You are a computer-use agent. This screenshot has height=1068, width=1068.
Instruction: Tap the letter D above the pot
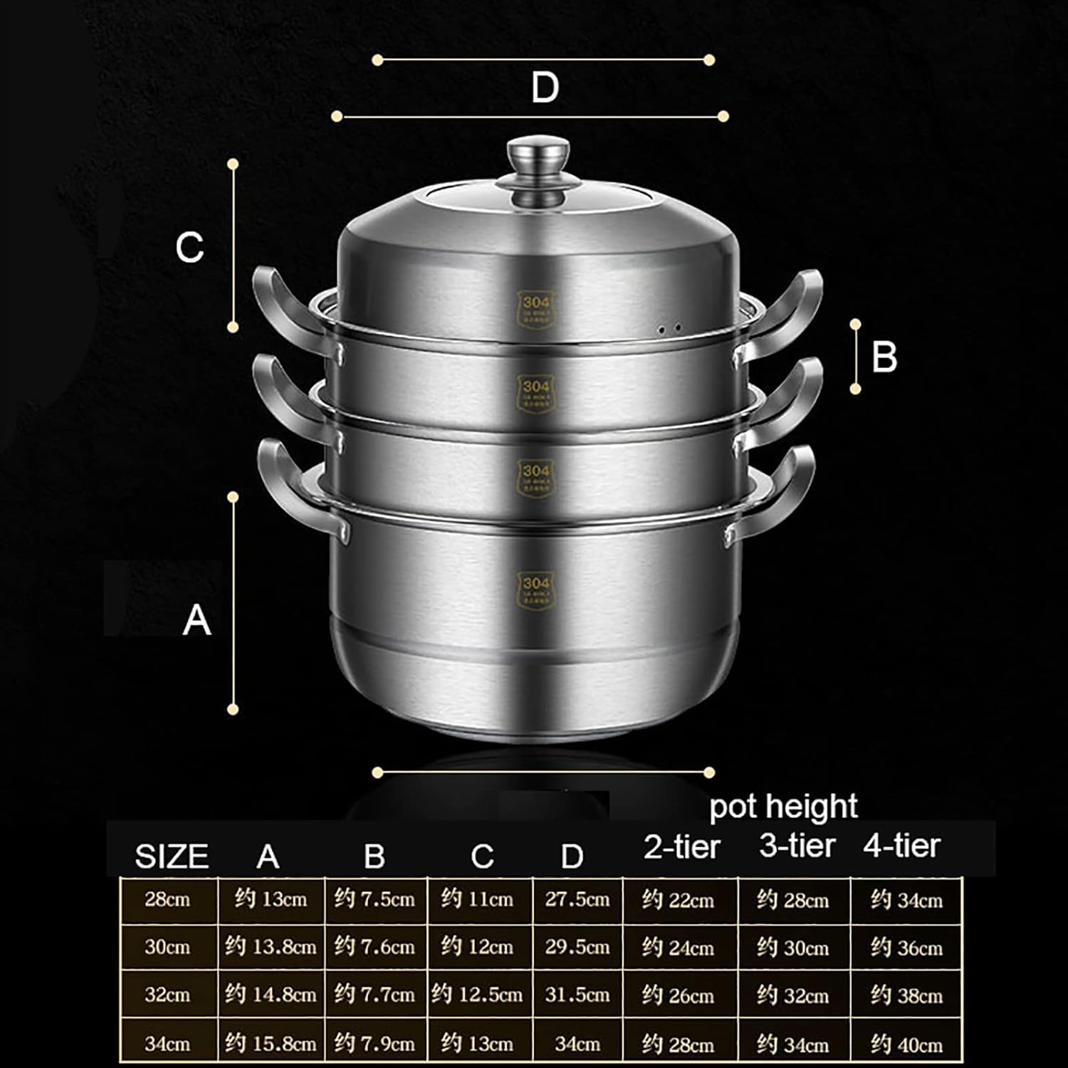pyautogui.click(x=545, y=88)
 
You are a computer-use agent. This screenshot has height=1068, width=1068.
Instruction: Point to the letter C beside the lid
pyautogui.click(x=190, y=248)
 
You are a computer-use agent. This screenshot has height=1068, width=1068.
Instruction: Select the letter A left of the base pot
pyautogui.click(x=197, y=619)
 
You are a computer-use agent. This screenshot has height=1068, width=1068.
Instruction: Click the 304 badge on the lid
pyautogui.click(x=536, y=308)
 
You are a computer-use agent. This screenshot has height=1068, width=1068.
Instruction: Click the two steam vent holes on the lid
pyautogui.click(x=669, y=329)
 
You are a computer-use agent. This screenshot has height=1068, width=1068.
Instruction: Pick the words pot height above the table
pyautogui.click(x=783, y=807)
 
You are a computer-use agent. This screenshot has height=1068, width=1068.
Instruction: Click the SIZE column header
pyautogui.click(x=172, y=857)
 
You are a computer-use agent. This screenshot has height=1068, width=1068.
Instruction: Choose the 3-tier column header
pyautogui.click(x=797, y=846)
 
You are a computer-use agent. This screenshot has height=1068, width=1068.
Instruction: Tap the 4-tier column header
pyautogui.click(x=902, y=846)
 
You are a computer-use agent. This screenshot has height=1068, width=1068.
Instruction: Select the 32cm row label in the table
pyautogui.click(x=167, y=994)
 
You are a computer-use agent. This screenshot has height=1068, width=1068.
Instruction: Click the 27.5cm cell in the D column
pyautogui.click(x=577, y=899)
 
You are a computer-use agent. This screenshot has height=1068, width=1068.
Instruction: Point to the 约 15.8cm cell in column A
pyautogui.click(x=271, y=1044)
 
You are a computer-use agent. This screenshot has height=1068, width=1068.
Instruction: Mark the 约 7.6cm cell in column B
pyautogui.click(x=375, y=947)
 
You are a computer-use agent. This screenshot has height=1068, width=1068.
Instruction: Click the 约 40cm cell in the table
pyautogui.click(x=906, y=1045)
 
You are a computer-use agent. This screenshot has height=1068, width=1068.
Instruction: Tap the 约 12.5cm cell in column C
pyautogui.click(x=477, y=995)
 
